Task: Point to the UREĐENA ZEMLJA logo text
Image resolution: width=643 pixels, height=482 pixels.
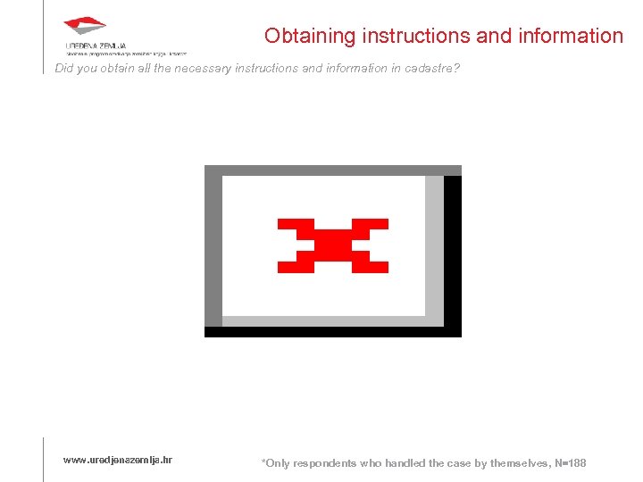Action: click(96, 45)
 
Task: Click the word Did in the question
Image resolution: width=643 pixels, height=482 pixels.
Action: click(65, 68)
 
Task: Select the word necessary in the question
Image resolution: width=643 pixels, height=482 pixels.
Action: click(194, 68)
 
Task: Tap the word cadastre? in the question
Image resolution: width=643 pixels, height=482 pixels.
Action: click(431, 68)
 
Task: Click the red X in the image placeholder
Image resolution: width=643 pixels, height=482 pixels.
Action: click(333, 245)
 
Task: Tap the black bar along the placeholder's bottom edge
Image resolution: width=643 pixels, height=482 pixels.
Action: click(332, 332)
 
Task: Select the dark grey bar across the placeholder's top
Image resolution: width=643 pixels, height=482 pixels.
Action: click(332, 170)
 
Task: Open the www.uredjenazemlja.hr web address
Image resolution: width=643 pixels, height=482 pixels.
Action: click(118, 460)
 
